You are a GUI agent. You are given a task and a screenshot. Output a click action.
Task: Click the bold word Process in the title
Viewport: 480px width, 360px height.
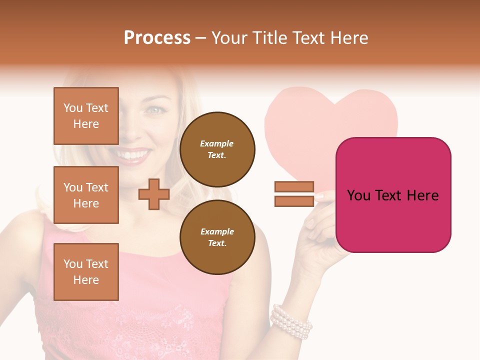click(157, 38)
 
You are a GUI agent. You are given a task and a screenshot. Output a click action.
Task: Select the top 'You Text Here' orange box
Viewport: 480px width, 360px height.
click(86, 116)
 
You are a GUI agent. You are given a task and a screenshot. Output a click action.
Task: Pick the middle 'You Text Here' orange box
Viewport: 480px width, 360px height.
click(86, 195)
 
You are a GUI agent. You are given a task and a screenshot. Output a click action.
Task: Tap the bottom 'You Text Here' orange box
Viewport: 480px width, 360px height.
click(86, 272)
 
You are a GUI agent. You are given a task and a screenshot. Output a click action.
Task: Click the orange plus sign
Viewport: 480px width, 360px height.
click(154, 194)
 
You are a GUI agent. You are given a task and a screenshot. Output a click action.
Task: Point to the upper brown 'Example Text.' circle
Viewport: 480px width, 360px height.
click(217, 149)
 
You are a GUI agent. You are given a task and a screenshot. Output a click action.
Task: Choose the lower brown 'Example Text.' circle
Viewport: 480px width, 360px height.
click(217, 237)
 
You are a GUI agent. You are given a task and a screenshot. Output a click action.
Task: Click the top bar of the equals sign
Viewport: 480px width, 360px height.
click(294, 187)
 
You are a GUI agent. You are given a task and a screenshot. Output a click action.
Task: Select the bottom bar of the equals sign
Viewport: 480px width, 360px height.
click(294, 201)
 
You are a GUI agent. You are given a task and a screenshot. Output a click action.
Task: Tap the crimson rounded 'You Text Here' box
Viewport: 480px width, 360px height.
click(393, 195)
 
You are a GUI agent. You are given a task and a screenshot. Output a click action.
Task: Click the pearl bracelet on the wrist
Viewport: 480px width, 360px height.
click(291, 321)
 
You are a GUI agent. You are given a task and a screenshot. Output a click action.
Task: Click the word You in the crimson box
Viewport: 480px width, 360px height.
click(358, 195)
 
